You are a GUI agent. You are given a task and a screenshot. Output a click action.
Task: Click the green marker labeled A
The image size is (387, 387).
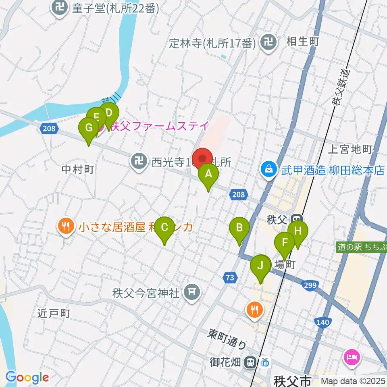208,175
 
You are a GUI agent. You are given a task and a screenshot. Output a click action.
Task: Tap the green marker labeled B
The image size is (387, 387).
239,229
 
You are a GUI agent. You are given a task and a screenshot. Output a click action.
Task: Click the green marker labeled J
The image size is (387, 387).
260,266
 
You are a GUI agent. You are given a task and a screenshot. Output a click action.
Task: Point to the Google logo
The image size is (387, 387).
27,377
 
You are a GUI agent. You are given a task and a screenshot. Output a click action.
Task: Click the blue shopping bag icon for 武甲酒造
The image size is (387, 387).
268,170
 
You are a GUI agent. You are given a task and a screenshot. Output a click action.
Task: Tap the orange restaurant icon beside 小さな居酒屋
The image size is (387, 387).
66,227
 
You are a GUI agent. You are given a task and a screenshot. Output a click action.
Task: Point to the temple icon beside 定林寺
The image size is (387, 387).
268,42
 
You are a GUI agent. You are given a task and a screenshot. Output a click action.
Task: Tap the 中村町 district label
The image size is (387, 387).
78,170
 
